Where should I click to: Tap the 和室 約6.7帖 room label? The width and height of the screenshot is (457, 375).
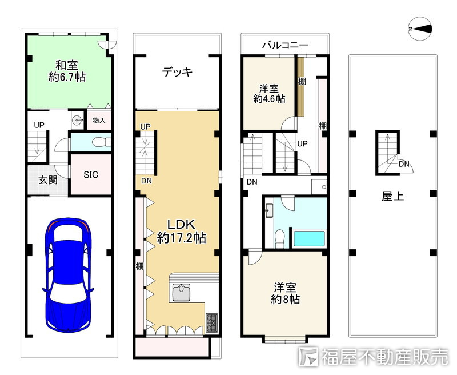point(67,71)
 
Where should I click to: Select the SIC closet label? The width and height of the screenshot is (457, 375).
point(91,175)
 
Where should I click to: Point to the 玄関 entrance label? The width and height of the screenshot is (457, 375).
point(48,180)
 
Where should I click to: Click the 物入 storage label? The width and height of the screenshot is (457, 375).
point(99,120)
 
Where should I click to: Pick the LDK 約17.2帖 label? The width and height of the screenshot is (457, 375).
point(181,232)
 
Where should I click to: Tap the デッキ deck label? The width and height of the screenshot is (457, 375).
point(177,71)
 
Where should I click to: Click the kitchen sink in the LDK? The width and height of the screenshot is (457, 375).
point(181,293)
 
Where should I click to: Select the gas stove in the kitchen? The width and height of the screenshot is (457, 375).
point(212,322)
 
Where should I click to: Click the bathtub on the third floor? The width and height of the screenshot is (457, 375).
point(309,238)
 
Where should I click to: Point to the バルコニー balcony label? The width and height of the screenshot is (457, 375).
point(285,45)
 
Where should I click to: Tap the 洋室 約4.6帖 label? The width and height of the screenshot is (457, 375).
point(269,93)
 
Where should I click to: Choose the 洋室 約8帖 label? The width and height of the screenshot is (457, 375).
point(285,293)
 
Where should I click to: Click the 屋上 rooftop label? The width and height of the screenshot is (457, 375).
point(392,196)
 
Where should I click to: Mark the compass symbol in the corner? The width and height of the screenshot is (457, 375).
point(420,29)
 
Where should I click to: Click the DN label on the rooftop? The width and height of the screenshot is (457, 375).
point(404,164)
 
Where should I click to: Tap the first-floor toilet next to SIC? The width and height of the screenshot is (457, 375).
point(100,142)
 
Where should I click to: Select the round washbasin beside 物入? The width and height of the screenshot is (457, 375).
point(77,119)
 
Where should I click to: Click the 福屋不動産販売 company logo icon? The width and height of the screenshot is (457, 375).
point(308,357)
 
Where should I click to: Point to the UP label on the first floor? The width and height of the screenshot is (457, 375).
point(39,125)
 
